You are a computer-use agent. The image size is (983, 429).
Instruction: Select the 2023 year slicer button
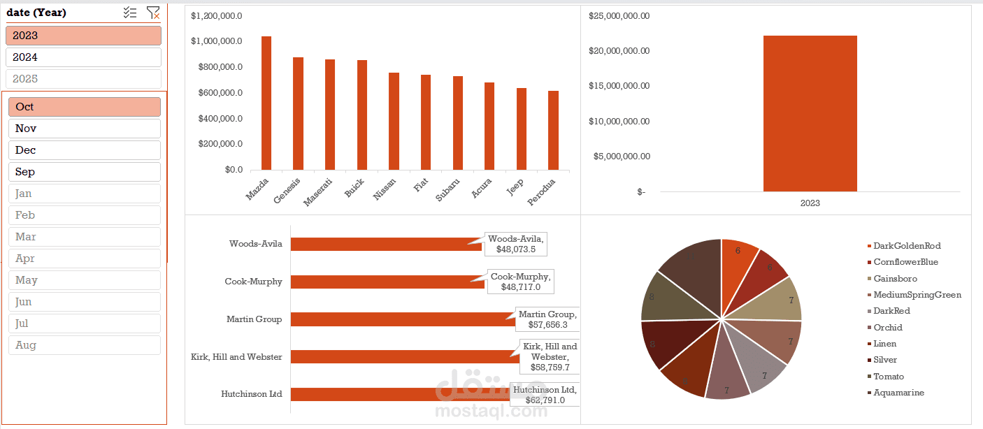coord(83,36)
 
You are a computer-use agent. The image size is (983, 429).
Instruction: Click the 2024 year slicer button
coord(83,57)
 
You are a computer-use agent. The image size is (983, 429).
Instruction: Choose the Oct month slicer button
coord(84,107)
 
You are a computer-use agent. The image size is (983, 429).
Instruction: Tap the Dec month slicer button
coord(84,150)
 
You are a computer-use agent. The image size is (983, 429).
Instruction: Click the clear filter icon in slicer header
coord(152,13)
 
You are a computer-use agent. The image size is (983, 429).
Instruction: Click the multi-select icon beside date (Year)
coord(130,13)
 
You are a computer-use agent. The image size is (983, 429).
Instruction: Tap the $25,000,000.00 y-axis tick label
coord(619,15)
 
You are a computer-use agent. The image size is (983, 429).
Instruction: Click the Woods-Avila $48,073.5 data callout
coord(516,244)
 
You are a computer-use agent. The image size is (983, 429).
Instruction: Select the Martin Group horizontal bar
coord(402,319)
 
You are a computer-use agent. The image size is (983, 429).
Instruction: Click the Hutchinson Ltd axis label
coord(251,394)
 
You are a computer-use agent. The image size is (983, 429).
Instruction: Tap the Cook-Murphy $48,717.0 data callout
coord(520,282)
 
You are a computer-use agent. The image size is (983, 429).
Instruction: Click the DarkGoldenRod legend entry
coord(906,246)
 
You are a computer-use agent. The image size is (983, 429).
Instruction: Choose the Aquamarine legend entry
coord(898,393)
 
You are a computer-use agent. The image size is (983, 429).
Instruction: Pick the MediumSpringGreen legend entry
coord(917,295)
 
